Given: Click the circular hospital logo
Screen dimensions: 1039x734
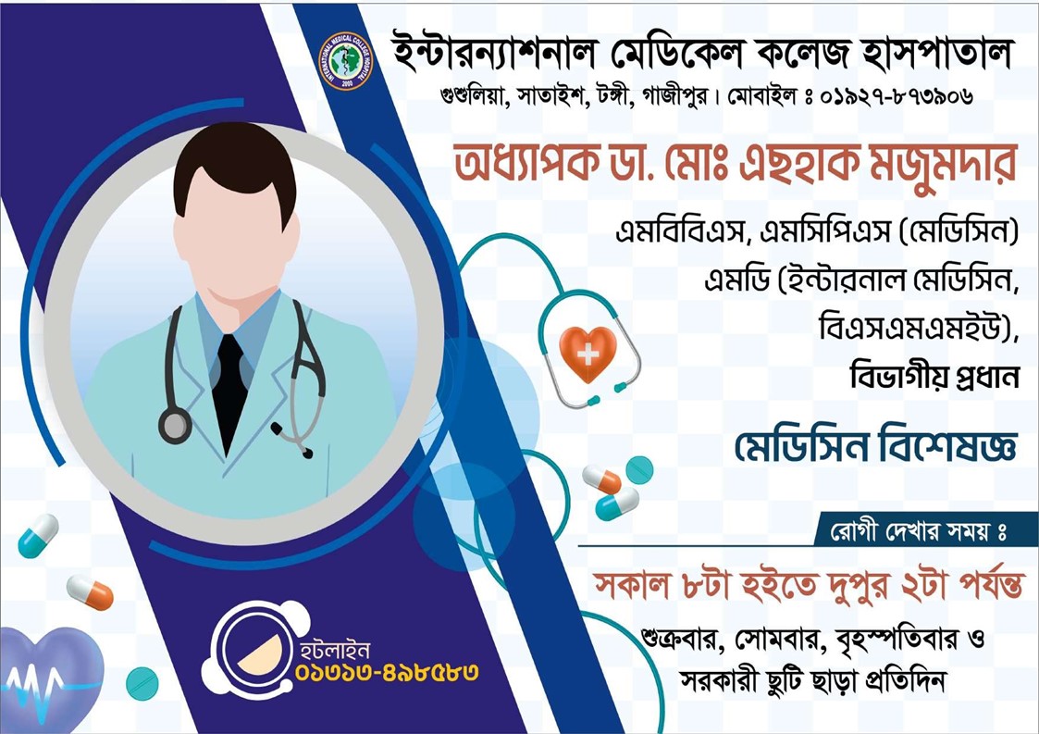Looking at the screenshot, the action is tap(346, 61).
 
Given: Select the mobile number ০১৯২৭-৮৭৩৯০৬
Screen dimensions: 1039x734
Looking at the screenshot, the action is tap(896, 97).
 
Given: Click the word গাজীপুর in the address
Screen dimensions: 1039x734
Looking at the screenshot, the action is tap(674, 97).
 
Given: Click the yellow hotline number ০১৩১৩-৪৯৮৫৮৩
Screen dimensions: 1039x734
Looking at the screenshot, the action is tap(387, 672).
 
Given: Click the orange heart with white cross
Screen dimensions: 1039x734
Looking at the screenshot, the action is tap(588, 353).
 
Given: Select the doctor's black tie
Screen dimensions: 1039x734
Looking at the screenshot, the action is tap(229, 392).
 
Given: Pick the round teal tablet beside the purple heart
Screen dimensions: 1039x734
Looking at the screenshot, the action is tap(142, 684).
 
